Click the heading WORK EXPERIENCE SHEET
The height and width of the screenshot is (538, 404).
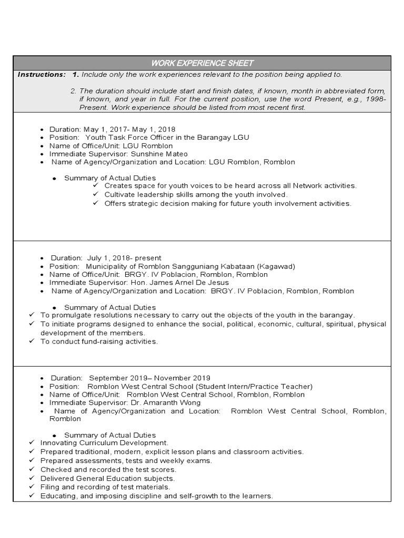pos(202,63)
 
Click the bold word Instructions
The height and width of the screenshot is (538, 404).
pos(42,75)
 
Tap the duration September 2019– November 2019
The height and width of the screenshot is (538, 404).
pos(149,378)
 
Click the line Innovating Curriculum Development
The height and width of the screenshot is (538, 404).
pos(104,443)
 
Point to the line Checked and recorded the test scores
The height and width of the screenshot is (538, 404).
pos(108,470)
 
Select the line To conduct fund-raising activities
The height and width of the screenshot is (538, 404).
pos(99,342)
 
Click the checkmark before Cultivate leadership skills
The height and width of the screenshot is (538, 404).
pos(96,194)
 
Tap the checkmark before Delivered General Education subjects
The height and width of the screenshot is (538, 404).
pos(32,479)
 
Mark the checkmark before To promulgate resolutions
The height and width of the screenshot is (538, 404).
pos(32,315)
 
